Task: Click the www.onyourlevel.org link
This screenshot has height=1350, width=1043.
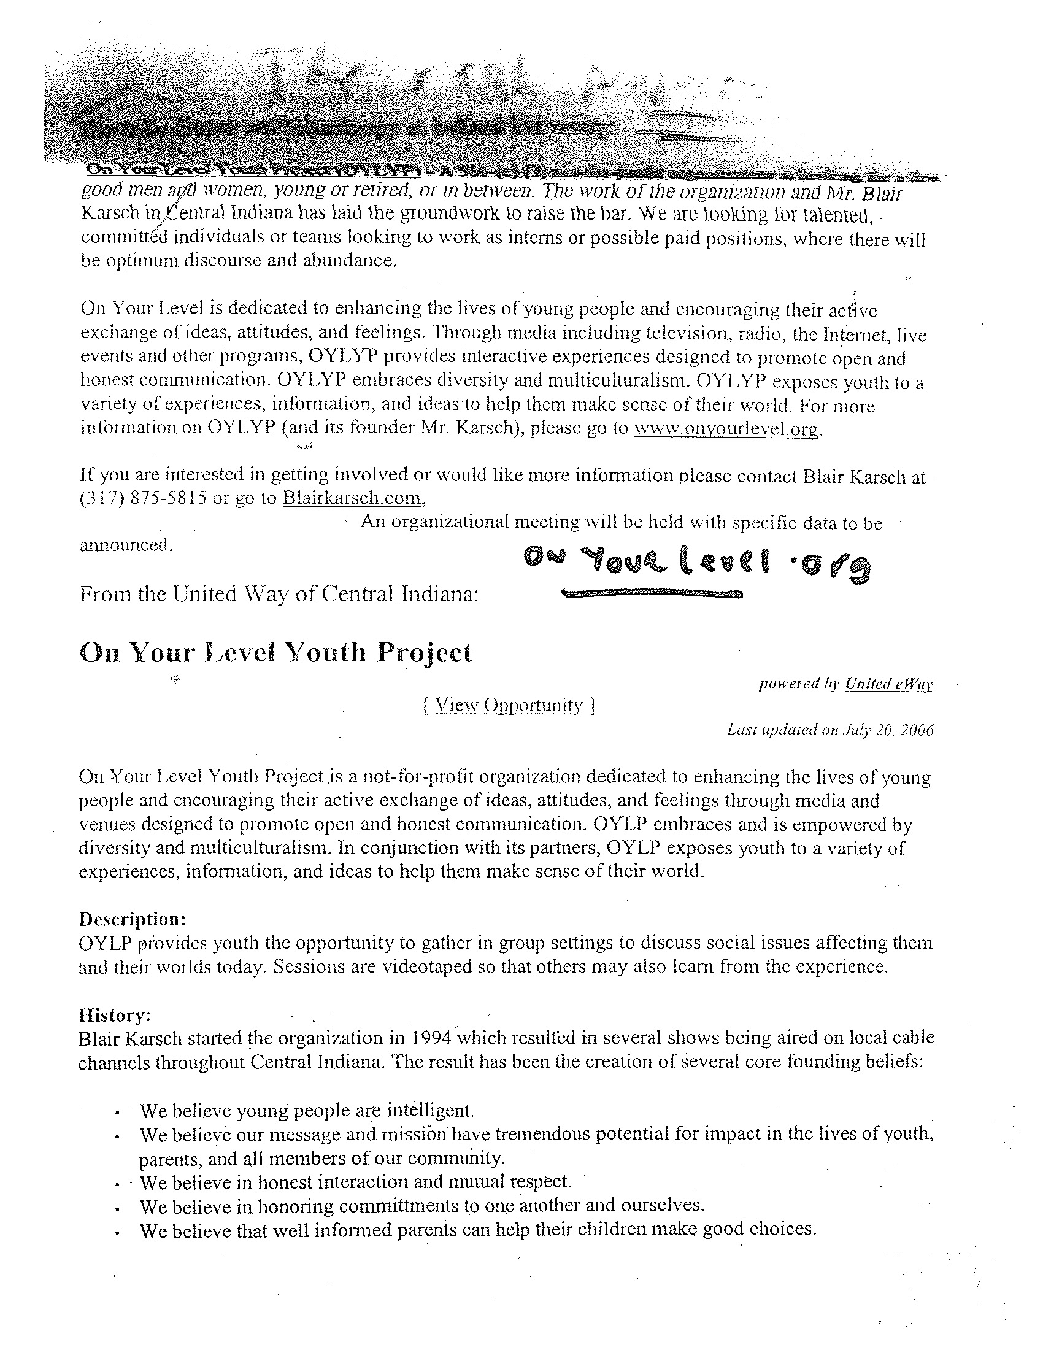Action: [726, 429]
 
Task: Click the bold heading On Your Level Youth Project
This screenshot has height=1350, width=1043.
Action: [275, 653]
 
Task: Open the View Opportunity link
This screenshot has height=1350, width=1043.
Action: [509, 705]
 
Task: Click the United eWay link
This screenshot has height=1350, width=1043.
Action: [888, 684]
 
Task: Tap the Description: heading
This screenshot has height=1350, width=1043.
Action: [133, 919]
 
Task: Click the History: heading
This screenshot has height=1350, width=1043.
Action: [115, 1015]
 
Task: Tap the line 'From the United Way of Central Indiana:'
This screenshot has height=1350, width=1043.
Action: [279, 595]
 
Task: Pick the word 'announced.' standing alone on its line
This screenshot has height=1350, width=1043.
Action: [125, 545]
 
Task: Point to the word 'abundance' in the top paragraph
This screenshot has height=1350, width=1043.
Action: [348, 260]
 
